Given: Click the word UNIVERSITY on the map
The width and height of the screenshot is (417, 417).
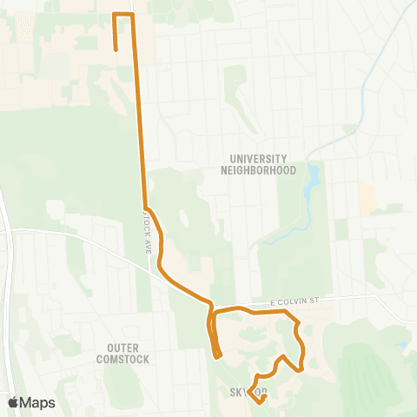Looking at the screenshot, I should (x=258, y=159).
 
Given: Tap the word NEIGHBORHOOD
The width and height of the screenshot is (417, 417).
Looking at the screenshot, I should (x=263, y=170).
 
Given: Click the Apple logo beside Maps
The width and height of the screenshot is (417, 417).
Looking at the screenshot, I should (x=12, y=402).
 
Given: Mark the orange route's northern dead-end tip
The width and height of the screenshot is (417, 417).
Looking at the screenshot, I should (x=116, y=50).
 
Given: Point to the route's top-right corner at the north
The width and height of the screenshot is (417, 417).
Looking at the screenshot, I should (x=133, y=15).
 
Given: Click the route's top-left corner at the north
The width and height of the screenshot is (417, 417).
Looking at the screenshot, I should (x=116, y=15).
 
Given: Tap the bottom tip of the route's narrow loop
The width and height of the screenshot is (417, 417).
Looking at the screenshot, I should (x=217, y=355).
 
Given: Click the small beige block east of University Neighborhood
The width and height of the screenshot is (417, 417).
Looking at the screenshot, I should (x=368, y=199).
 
